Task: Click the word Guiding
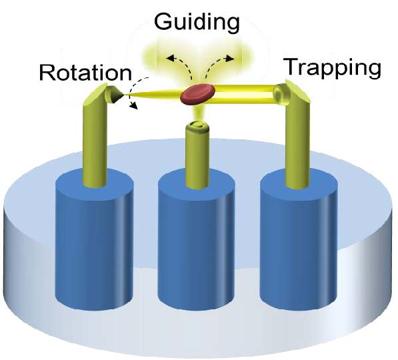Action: coord(197,23)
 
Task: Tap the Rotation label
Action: coord(85,73)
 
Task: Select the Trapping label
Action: coord(333,68)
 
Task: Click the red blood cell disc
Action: coord(198,94)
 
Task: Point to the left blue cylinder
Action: coord(94,239)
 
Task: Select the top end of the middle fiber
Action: coord(197,125)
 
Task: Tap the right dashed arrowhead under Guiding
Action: coord(230,59)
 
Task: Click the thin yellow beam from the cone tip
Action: coord(152,95)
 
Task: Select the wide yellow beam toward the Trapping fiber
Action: coord(244,95)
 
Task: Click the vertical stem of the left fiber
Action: coord(94,142)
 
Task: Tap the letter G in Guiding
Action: coord(164,22)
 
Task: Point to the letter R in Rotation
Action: coord(47,73)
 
